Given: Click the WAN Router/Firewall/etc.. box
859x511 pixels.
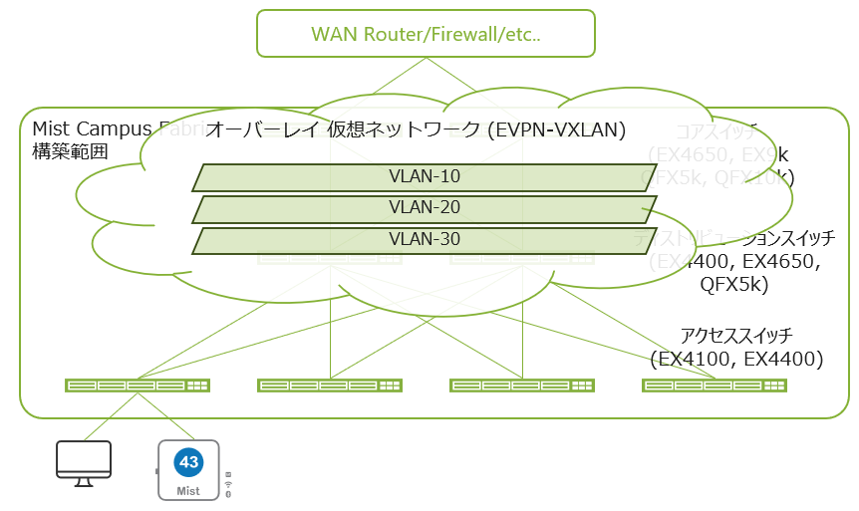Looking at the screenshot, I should [x=426, y=34].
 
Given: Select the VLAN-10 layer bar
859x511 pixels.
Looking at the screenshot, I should [x=424, y=177].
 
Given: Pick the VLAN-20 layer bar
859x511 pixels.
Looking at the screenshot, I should [x=424, y=209].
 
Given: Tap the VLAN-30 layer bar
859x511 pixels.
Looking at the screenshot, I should [x=424, y=240].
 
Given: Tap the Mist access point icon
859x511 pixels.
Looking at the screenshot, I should [x=187, y=469].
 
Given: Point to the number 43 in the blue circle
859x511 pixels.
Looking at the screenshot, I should [x=187, y=462].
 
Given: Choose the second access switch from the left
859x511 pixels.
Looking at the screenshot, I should [x=329, y=384].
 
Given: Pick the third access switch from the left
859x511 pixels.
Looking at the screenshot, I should [x=522, y=384].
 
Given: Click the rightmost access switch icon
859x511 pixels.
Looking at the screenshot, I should [x=714, y=384].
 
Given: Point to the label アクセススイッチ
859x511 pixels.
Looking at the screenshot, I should [x=735, y=336].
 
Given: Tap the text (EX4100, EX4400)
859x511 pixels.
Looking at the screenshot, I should [x=735, y=359].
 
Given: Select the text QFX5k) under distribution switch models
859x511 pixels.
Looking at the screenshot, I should [x=734, y=285].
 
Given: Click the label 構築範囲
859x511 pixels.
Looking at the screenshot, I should [x=69, y=150].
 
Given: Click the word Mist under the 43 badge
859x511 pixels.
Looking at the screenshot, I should [x=187, y=490].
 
